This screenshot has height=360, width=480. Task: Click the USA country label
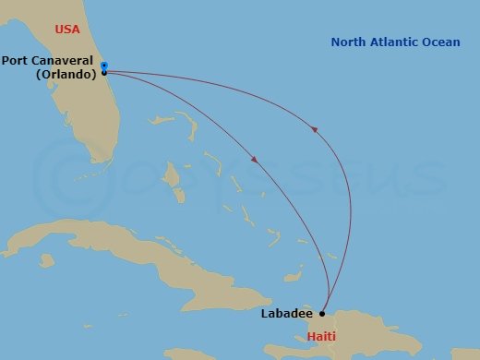pyautogui.click(x=67, y=30)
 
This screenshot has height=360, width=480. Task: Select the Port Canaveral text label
pyautogui.click(x=49, y=62)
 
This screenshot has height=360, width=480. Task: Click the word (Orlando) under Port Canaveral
pyautogui.click(x=66, y=75)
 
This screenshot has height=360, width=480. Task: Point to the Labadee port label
pyautogui.click(x=285, y=313)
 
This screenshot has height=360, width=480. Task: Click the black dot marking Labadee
pyautogui.click(x=322, y=313)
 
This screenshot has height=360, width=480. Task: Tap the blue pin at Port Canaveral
pyautogui.click(x=104, y=66)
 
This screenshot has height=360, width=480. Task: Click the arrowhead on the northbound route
pyautogui.click(x=316, y=130)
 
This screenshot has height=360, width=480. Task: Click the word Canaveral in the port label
pyautogui.click(x=63, y=62)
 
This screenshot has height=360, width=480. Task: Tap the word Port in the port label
pyautogui.click(x=16, y=62)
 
